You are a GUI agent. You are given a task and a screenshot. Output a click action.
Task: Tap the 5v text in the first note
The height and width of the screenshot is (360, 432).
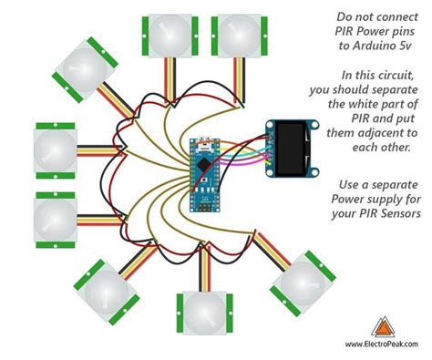coord(403,46)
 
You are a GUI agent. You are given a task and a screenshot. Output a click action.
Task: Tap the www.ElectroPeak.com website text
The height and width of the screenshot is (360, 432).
coord(382,345)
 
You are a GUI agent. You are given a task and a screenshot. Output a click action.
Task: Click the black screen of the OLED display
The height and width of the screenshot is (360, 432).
coord(294,149)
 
